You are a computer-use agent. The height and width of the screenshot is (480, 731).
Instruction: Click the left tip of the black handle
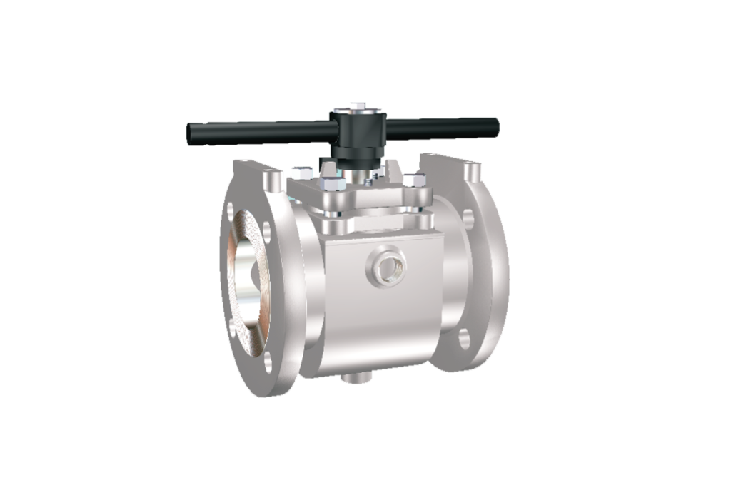pyautogui.click(x=189, y=131)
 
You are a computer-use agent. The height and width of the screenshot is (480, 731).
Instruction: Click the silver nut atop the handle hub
pyautogui.click(x=356, y=109)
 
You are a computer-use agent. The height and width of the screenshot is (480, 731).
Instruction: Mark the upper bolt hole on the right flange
pyautogui.click(x=468, y=216)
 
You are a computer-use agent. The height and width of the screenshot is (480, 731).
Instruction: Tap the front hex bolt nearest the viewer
pyautogui.click(x=332, y=187)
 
